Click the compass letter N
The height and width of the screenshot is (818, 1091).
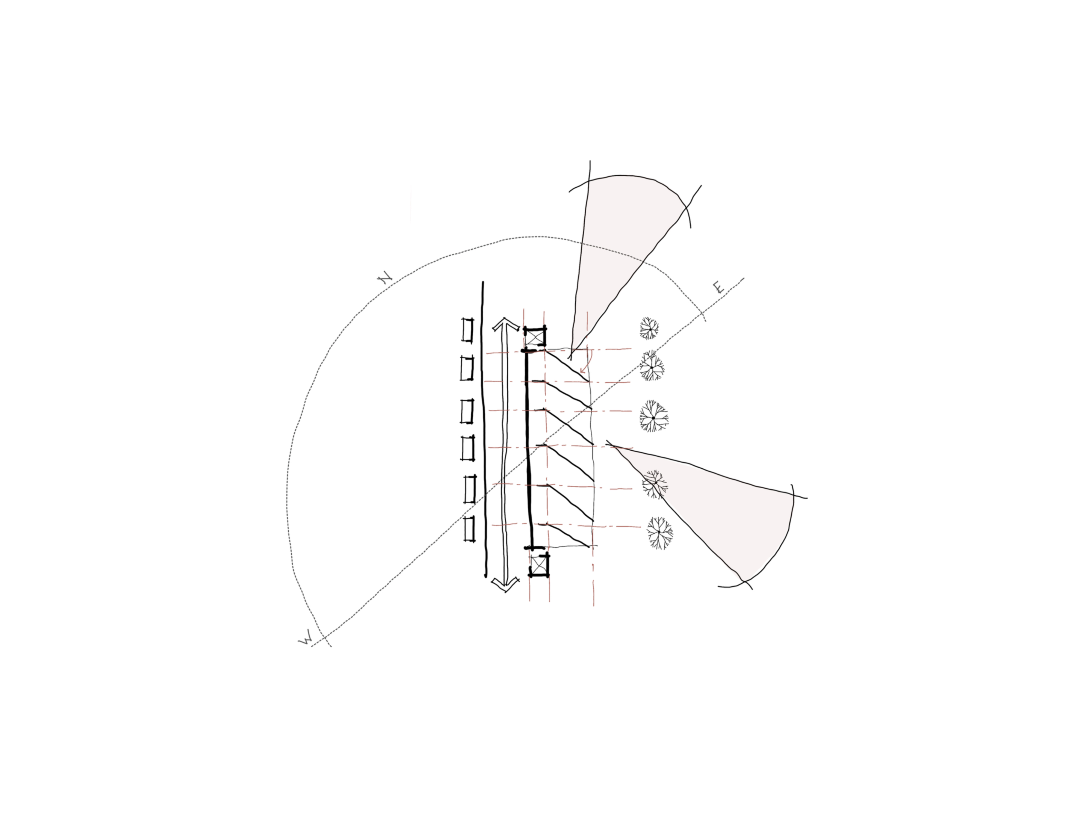(385, 279)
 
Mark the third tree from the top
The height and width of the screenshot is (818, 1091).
(654, 417)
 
